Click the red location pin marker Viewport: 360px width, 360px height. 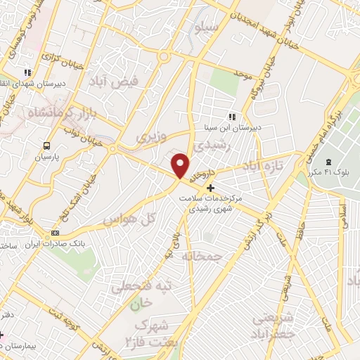(181, 165)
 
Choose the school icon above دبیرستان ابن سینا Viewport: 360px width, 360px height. (233, 117)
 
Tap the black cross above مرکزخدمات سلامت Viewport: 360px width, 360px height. (210, 188)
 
